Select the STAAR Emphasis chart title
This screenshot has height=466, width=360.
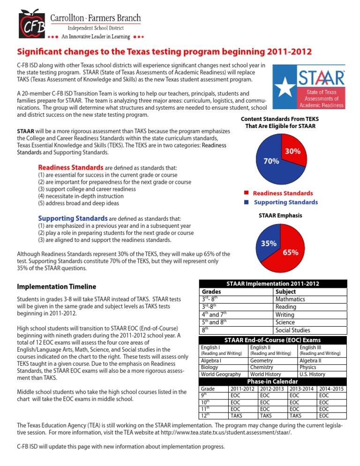[x=280, y=216]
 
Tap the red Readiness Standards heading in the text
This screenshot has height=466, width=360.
[x=70, y=167]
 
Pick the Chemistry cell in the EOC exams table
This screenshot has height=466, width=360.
[x=262, y=368]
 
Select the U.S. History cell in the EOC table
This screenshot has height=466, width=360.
[x=312, y=374]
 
